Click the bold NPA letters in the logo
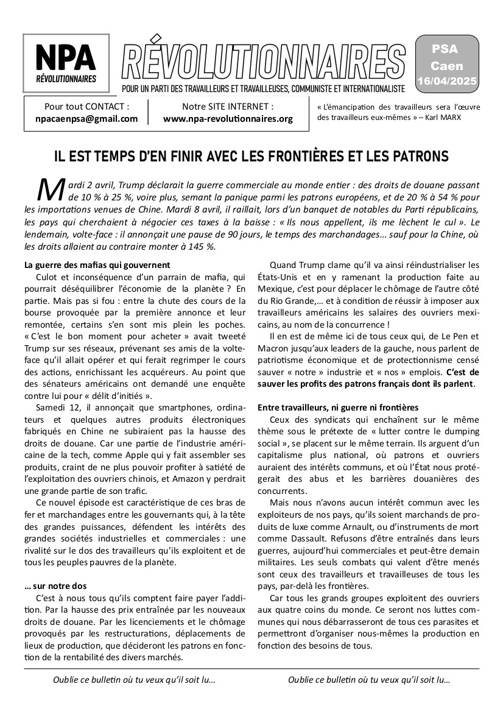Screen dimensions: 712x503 tap(66, 58)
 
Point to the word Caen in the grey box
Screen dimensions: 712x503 tap(447, 66)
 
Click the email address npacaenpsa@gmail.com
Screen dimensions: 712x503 tap(87, 119)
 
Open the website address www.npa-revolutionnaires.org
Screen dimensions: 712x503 tap(228, 119)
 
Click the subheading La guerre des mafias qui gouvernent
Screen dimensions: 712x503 tap(97, 265)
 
